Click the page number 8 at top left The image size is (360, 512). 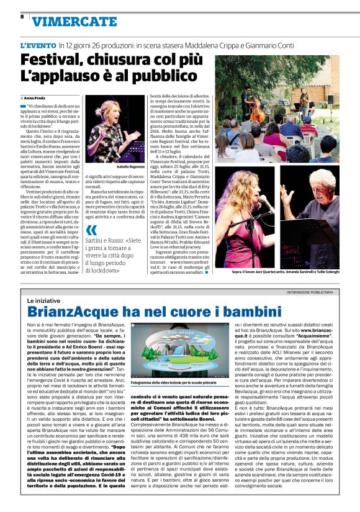click(x=22, y=16)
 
